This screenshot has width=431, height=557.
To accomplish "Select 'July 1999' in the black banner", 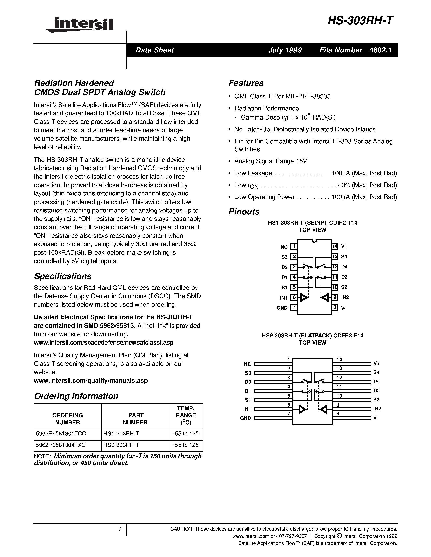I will click(285, 50).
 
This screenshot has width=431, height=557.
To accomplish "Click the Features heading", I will click(246, 83).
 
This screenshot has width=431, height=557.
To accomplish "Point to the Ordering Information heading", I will click(76, 396).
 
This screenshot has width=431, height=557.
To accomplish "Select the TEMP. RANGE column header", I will click(186, 415).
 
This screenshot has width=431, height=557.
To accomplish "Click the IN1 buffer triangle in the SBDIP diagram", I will click(304, 297).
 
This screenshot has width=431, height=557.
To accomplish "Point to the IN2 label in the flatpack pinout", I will click(377, 409).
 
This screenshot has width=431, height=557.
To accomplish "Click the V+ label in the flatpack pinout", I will click(376, 363).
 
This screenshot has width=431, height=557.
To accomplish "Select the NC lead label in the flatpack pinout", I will click(247, 364).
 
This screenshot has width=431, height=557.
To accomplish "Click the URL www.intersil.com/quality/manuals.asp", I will click(91, 381).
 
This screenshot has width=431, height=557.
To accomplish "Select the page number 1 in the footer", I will click(119, 529).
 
